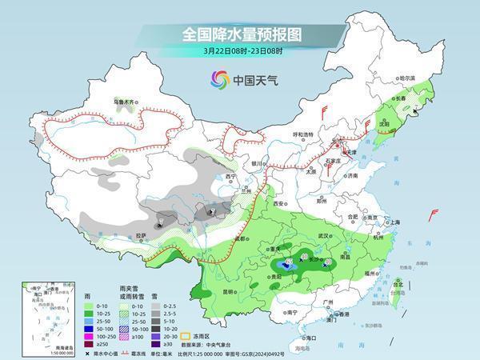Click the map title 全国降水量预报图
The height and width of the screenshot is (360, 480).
(240, 34)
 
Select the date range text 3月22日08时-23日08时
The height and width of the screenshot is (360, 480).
(240, 52)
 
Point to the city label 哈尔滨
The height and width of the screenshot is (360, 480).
(408, 78)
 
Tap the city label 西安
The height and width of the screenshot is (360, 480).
(278, 205)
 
